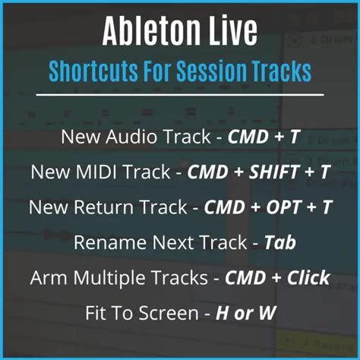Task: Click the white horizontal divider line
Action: (x=180, y=95)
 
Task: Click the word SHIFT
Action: (x=274, y=172)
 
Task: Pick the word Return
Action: (x=103, y=207)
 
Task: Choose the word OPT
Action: (x=284, y=207)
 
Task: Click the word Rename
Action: (x=110, y=242)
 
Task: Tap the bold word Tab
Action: (x=280, y=242)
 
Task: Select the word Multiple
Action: (x=109, y=278)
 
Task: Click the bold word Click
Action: (x=308, y=277)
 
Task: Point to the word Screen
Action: (x=169, y=313)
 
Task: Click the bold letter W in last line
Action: (x=267, y=313)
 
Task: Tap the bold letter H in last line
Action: (x=222, y=313)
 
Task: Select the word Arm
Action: (x=49, y=278)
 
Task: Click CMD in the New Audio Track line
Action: (x=248, y=137)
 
